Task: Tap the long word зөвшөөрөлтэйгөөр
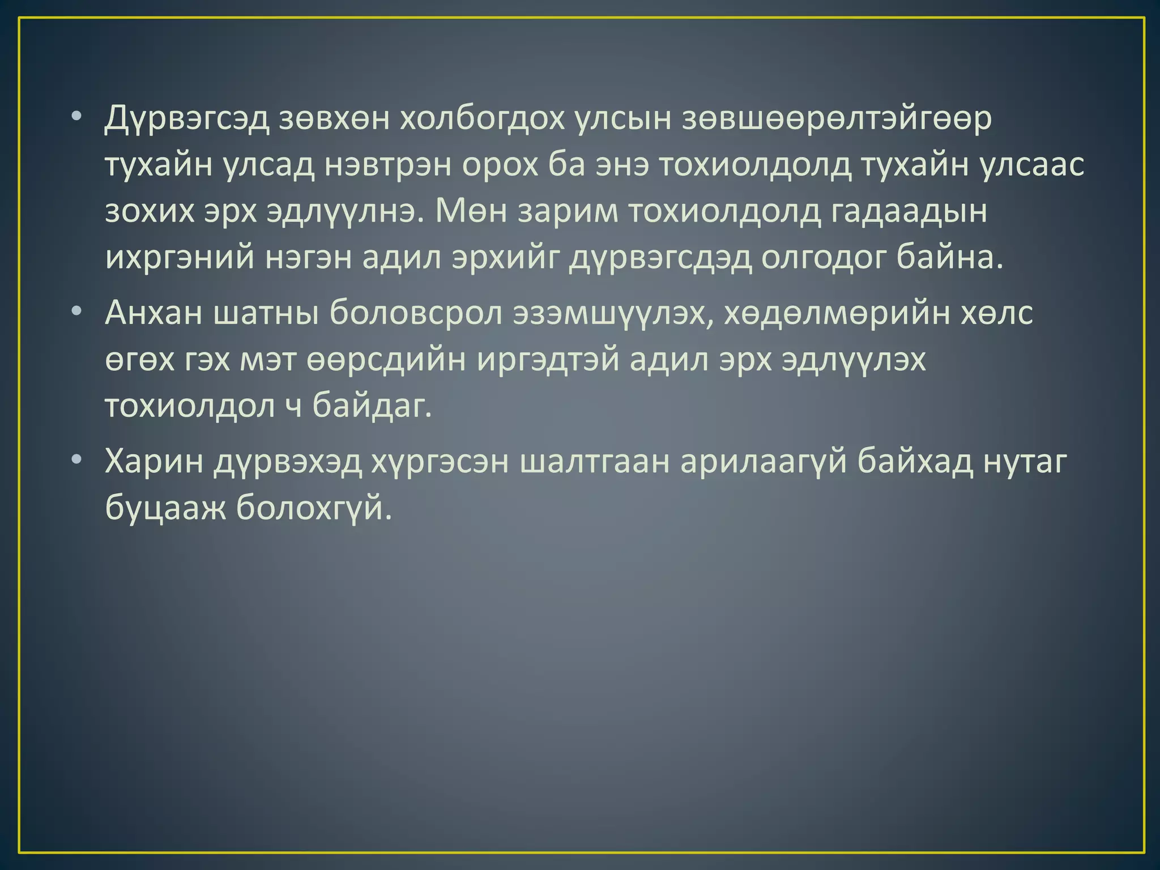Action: coord(837,120)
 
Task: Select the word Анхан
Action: coord(153,313)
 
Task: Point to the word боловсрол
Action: coord(416,313)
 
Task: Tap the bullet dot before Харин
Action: coord(77,461)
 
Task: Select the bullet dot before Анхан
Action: coord(77,312)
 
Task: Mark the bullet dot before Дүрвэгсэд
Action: coord(77,119)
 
